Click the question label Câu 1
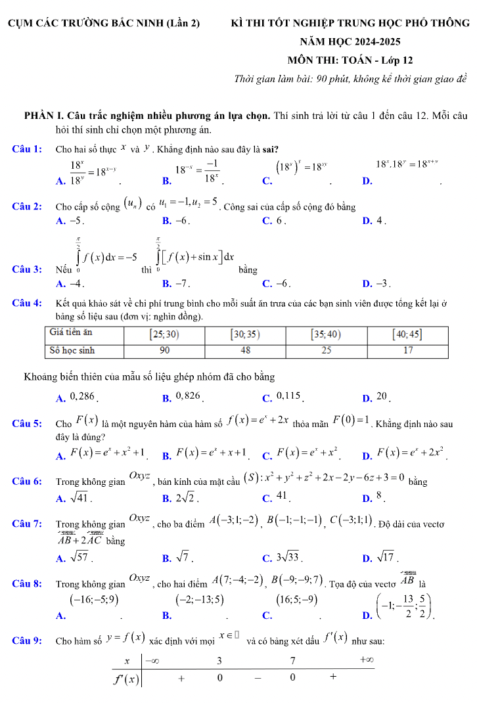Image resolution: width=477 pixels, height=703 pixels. (x=28, y=149)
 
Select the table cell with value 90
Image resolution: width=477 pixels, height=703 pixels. (x=165, y=351)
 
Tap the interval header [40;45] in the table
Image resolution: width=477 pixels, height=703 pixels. (x=407, y=334)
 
